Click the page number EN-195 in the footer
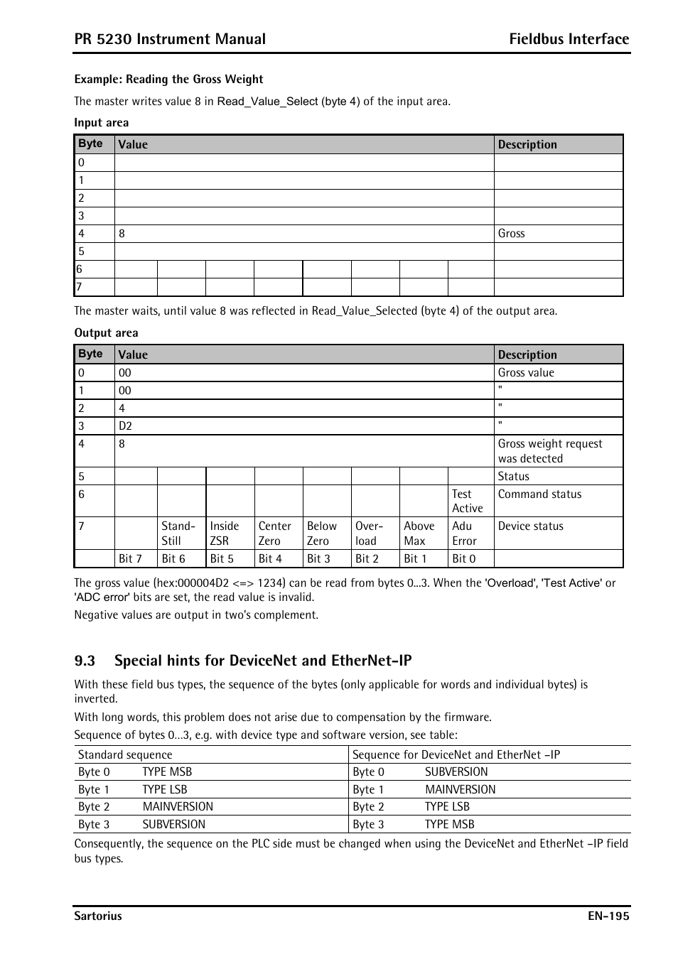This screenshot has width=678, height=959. click(608, 916)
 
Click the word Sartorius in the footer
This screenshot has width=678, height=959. click(98, 916)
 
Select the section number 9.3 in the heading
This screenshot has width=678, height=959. click(85, 661)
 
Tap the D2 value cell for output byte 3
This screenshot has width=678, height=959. click(126, 426)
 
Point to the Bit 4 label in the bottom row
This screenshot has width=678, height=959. click(270, 558)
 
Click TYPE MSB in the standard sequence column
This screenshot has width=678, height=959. click(167, 771)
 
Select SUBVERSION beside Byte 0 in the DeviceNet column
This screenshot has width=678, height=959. click(456, 771)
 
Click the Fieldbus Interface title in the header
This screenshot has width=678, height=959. click(569, 39)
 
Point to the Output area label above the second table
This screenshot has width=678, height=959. click(107, 332)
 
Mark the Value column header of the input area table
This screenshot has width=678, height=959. click(133, 144)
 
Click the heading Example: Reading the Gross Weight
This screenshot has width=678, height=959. click(168, 80)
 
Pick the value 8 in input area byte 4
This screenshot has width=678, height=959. click(122, 233)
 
